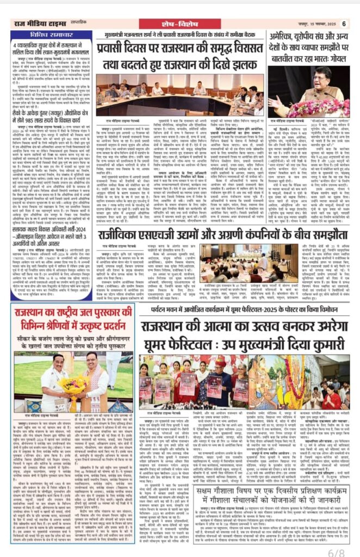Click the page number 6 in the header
[344, 23]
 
